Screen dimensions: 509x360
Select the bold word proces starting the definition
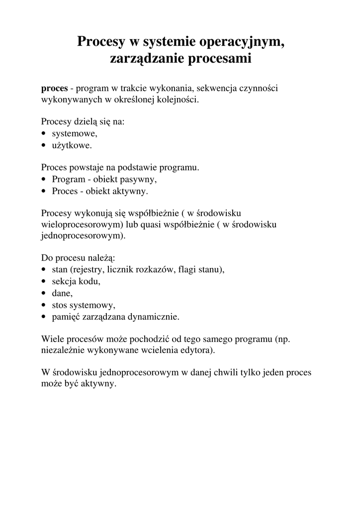(x=54, y=88)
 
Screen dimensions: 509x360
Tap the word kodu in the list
(x=90, y=281)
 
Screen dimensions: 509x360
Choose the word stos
(x=59, y=304)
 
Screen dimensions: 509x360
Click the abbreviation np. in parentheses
(x=283, y=339)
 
